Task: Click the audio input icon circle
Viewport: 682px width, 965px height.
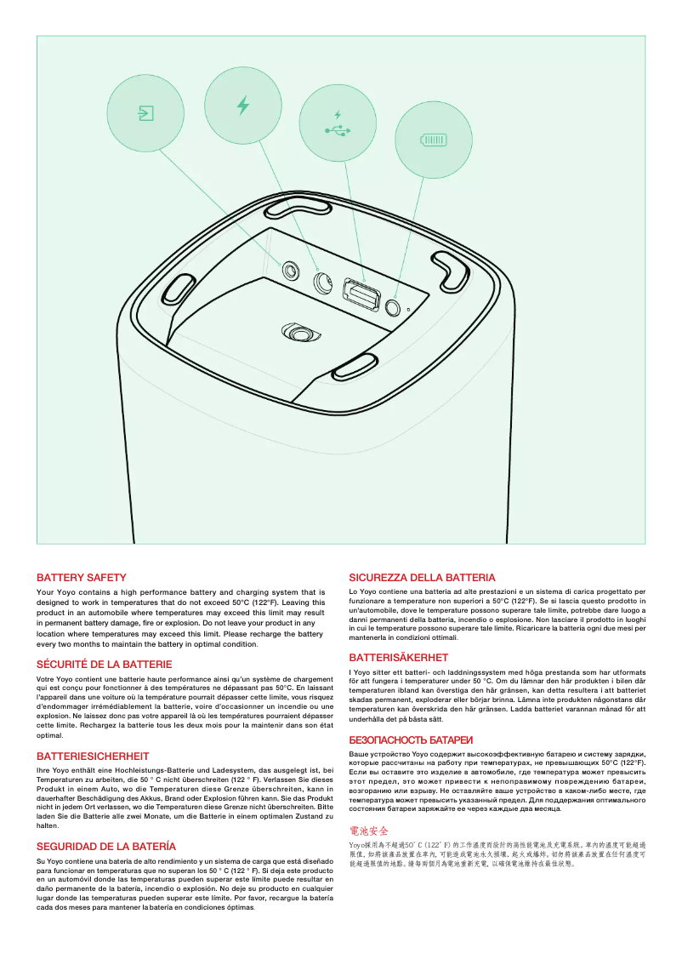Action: (145, 112)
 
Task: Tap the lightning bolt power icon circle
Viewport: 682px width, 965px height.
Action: (243, 106)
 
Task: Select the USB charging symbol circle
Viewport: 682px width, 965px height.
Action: (338, 123)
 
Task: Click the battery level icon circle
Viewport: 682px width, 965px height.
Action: (434, 140)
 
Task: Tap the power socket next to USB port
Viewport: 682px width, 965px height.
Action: (323, 283)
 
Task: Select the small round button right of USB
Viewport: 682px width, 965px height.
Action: (394, 306)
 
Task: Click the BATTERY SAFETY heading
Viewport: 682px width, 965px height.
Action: (81, 578)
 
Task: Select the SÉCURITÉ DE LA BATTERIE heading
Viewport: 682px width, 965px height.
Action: (104, 664)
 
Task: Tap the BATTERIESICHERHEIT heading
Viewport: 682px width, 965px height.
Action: (93, 756)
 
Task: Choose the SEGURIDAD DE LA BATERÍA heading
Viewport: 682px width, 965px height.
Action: (105, 847)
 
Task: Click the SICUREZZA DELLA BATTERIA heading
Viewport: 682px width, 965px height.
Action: (422, 578)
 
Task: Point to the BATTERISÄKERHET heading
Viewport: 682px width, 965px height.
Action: (398, 657)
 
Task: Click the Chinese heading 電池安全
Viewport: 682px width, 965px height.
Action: (369, 830)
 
